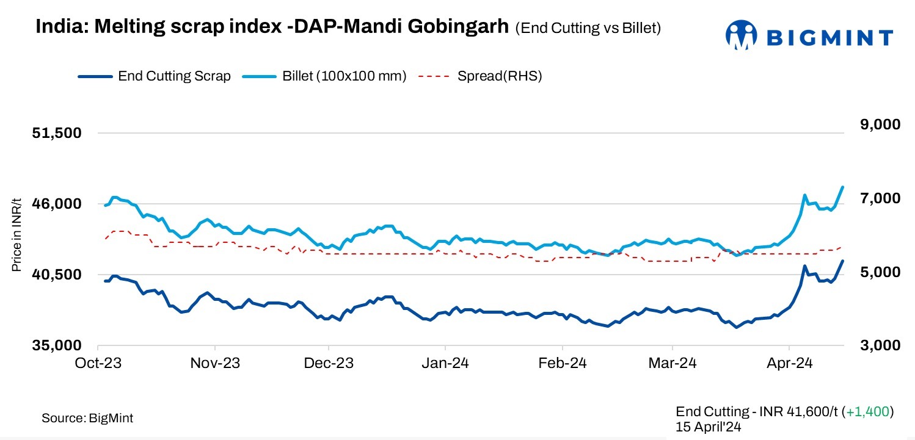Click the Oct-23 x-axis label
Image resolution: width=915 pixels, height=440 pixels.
click(x=99, y=363)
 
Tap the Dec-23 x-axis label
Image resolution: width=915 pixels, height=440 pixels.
click(x=328, y=363)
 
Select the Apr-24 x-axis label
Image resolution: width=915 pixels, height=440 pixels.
click(x=789, y=363)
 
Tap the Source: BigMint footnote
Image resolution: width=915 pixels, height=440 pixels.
click(x=87, y=418)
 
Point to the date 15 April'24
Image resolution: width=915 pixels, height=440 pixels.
click(x=709, y=427)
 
